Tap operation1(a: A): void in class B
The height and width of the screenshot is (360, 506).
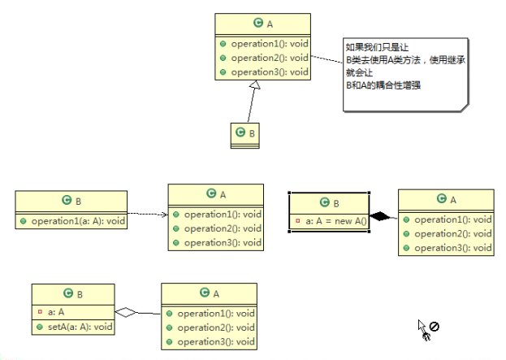pyautogui.click(x=76, y=219)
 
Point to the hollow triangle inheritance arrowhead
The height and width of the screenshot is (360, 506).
pyautogui.click(x=256, y=86)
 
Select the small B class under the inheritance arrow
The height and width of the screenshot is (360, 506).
pyautogui.click(x=244, y=134)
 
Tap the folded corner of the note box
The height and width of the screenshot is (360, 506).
pyautogui.click(x=464, y=106)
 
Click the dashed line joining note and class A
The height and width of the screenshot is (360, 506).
pyautogui.click(x=326, y=62)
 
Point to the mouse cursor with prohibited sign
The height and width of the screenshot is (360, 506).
pyautogui.click(x=428, y=327)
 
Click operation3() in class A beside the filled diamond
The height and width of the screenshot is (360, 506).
pyautogui.click(x=452, y=247)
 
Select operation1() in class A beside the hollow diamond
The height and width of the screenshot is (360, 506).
pyautogui.click(x=215, y=313)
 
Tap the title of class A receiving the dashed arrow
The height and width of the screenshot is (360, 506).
pyautogui.click(x=216, y=193)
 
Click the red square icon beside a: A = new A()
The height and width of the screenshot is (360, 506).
pyautogui.click(x=299, y=220)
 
